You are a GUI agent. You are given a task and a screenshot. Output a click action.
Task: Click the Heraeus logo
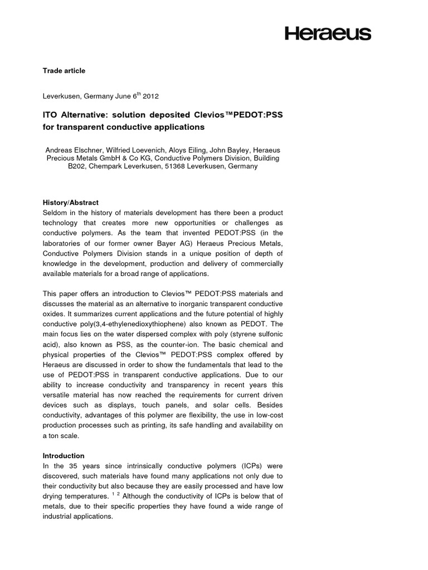(x=328, y=34)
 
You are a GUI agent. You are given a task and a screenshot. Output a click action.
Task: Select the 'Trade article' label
(x=64, y=71)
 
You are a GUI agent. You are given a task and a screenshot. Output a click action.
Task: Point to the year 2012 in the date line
(x=150, y=96)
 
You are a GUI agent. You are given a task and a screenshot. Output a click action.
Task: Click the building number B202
(x=79, y=166)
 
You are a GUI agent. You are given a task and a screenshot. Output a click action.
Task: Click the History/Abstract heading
(x=70, y=203)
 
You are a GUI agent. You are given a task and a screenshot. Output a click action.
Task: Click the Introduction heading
(x=64, y=455)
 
